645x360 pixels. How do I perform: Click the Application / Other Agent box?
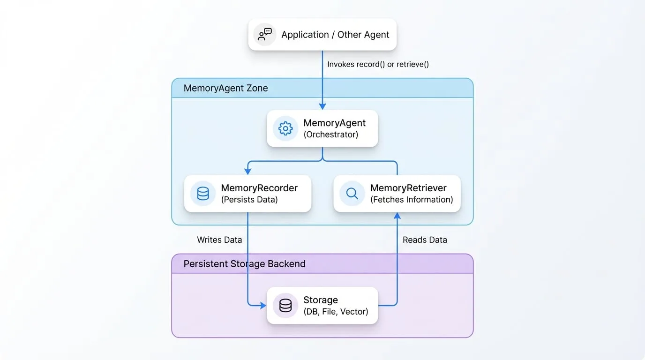tap(322, 35)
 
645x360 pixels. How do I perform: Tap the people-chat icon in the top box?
tap(265, 35)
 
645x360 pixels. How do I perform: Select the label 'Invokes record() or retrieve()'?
tap(378, 64)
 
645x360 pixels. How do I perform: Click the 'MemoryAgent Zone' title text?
tap(226, 88)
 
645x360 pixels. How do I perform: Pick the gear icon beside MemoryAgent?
tap(285, 128)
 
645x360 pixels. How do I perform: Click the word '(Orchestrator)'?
tap(331, 135)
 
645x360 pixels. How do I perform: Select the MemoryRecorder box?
tap(247, 194)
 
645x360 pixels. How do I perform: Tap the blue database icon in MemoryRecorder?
tap(203, 194)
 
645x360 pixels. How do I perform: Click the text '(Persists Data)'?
tap(249, 200)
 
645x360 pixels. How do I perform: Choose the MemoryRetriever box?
tap(397, 194)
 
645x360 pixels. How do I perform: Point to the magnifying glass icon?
tap(352, 194)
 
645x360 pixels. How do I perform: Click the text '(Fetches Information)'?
tap(412, 200)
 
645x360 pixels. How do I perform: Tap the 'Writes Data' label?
tap(219, 240)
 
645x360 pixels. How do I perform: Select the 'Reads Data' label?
tap(425, 240)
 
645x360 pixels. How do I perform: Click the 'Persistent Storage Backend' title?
tap(245, 264)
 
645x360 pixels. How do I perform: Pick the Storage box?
tap(322, 306)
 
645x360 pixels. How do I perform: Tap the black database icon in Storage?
tap(285, 306)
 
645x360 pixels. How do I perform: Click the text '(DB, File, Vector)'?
tap(336, 312)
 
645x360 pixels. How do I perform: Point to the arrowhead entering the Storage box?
tap(263, 305)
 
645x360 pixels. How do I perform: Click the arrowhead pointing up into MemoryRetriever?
tap(397, 216)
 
